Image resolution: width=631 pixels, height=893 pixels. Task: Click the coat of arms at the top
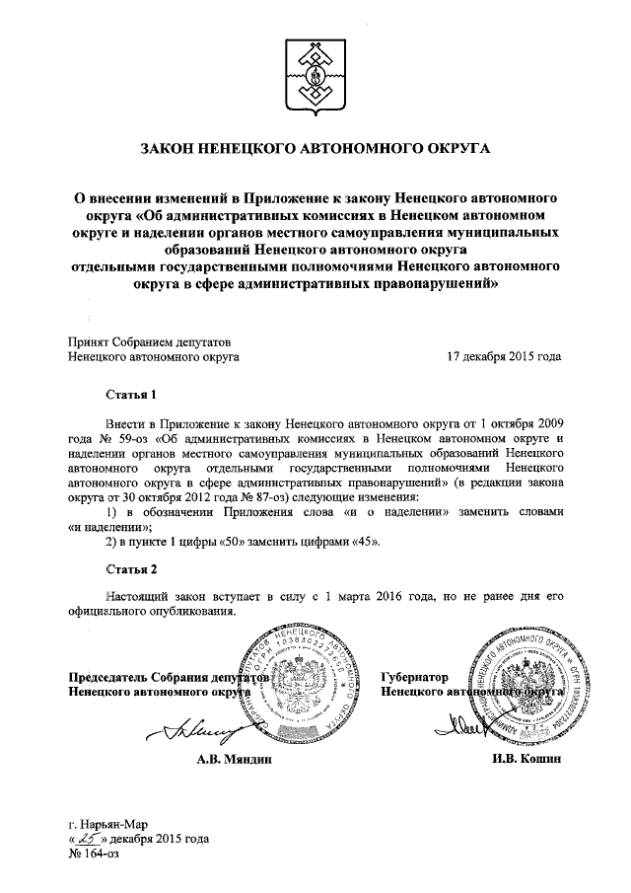click(x=315, y=74)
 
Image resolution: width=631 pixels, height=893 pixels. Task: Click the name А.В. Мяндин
click(x=232, y=760)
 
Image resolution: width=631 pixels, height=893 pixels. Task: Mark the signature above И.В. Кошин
click(x=463, y=730)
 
